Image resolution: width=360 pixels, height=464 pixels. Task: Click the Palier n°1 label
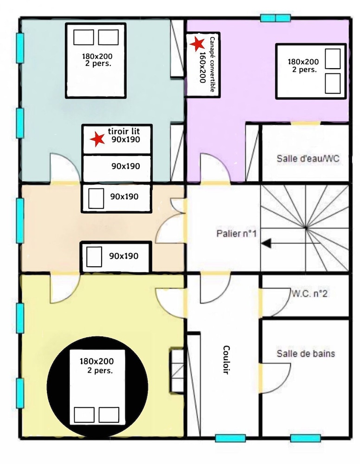[x=236, y=233]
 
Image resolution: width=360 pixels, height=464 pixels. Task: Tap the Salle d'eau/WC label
[x=308, y=158]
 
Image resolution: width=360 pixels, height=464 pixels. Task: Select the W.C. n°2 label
[x=309, y=294]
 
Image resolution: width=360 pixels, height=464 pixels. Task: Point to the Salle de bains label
[x=306, y=353]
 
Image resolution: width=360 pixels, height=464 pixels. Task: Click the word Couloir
[x=226, y=360]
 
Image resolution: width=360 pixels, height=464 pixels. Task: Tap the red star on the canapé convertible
[x=197, y=44]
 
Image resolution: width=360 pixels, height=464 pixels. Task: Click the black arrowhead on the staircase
[x=266, y=243]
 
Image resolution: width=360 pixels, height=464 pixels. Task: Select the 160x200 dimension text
[x=203, y=67]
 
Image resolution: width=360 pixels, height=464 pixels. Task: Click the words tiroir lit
[x=124, y=131]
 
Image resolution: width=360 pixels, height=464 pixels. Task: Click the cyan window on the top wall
[x=276, y=18]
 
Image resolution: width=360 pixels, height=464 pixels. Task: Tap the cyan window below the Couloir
[x=231, y=438]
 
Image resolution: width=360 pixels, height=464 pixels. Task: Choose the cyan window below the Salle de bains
[x=306, y=438]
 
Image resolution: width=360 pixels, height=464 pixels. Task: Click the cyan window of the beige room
[x=20, y=220]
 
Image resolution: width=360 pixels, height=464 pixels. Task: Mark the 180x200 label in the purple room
[x=303, y=62]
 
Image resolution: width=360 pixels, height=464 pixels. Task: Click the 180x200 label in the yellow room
[x=96, y=361]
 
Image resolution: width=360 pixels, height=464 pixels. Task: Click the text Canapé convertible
[x=212, y=64]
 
